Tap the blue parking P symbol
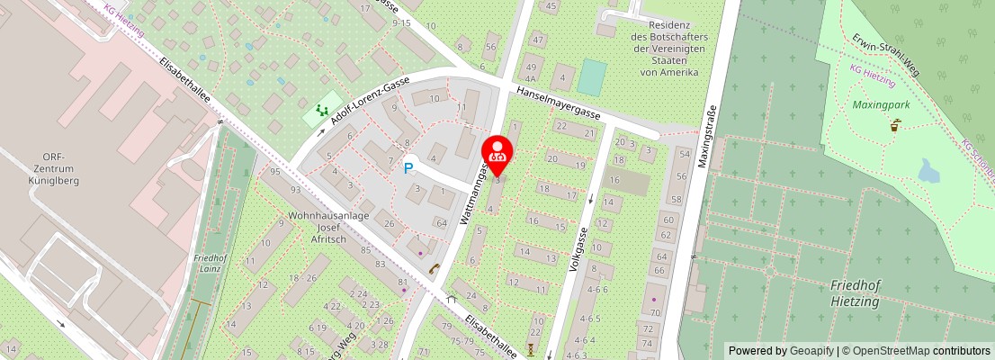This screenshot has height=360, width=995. click(x=408, y=167)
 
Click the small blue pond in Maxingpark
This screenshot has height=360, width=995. click(x=928, y=169)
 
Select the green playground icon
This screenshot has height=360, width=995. click(x=321, y=112)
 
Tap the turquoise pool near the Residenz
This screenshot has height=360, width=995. click(x=592, y=76)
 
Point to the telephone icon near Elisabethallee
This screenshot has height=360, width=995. click(x=433, y=267)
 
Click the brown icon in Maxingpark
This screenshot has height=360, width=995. click(x=894, y=127)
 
